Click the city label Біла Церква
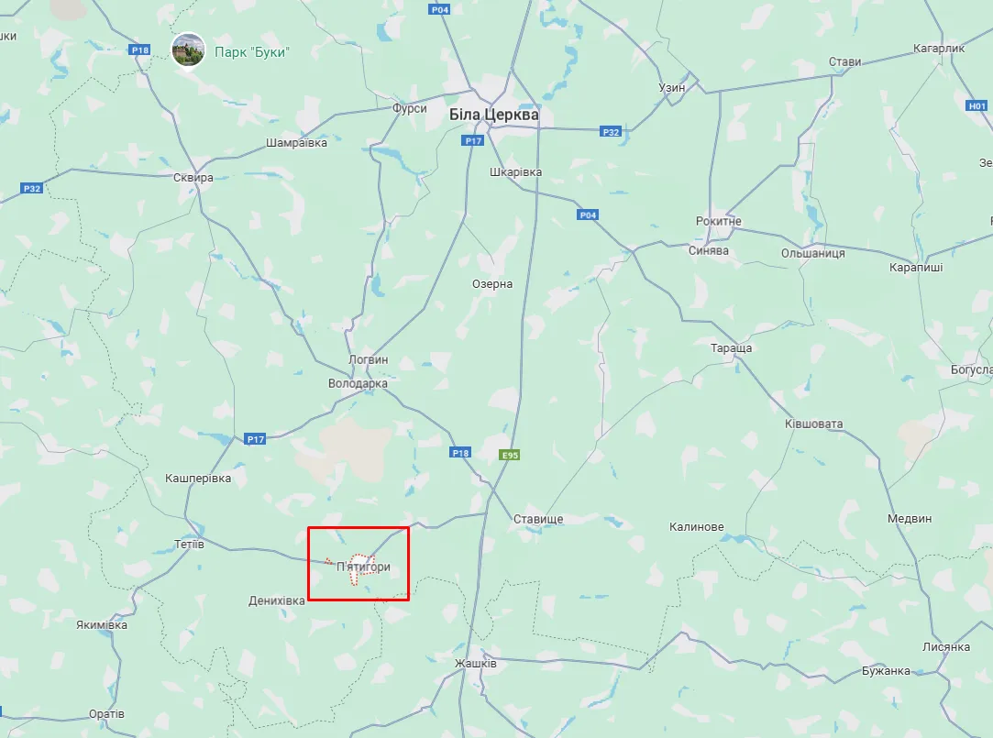point(493,116)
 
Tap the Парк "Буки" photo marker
point(189,50)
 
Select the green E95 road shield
point(510,455)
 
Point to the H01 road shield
point(977,105)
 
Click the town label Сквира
point(193,178)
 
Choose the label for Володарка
point(358,383)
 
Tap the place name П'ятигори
point(364,567)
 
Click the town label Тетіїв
point(189,545)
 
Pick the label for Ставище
point(538,519)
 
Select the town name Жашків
point(476,663)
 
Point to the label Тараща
point(732,348)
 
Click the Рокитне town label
point(719,222)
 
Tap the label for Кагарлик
point(940,48)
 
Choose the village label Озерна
point(492,284)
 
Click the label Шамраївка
point(296,143)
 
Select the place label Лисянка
point(947,647)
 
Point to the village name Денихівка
point(277,600)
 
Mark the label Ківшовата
point(813,424)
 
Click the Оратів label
point(107,713)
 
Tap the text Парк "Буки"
point(252,52)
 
